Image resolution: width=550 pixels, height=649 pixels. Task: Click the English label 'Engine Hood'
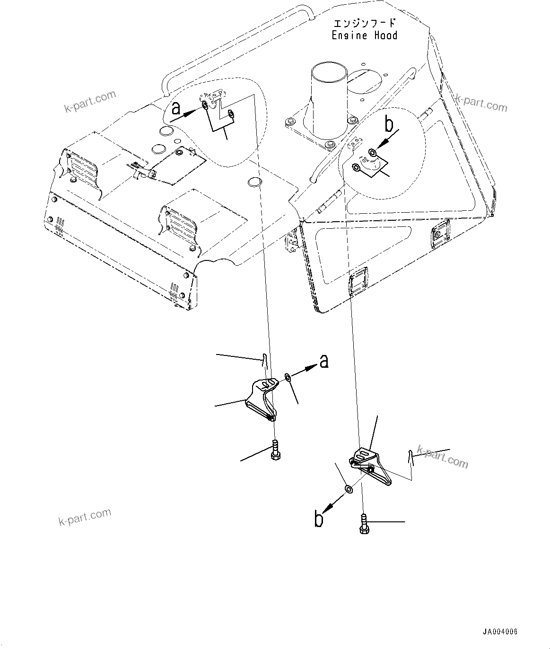[364, 35]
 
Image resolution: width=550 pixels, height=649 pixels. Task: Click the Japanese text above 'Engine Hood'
[364, 24]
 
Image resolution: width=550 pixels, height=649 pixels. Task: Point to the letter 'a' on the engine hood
[176, 109]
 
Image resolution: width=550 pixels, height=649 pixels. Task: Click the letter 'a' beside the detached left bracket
[323, 361]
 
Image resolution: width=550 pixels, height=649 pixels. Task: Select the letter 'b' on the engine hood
[389, 125]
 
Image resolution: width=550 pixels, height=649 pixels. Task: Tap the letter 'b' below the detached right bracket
[319, 519]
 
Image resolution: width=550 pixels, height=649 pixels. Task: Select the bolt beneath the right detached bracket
[364, 524]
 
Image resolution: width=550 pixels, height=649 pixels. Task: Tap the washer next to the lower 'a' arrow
[288, 377]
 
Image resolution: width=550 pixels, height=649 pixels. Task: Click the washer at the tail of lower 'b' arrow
[348, 488]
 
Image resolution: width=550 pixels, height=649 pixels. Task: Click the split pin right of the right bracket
[411, 458]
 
